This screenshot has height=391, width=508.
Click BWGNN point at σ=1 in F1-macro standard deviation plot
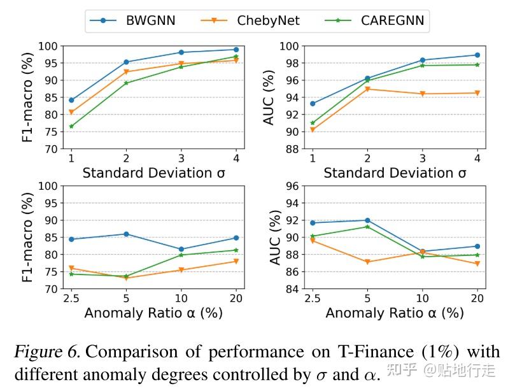pos(71,100)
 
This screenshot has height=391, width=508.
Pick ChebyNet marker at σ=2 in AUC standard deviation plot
pos(367,89)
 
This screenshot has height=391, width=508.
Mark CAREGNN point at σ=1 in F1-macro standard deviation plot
pos(71,126)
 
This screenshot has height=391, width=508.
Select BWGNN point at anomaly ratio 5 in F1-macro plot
pos(126,234)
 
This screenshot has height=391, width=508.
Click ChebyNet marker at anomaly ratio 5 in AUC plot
pos(367,262)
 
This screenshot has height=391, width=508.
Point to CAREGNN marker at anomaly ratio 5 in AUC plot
pos(367,227)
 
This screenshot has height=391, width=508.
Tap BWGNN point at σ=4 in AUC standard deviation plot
pos(477,55)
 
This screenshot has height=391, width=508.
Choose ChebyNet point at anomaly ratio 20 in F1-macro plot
pos(236,261)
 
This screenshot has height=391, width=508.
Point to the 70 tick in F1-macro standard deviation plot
pos(51,149)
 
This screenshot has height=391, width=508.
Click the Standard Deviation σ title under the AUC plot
pos(395,173)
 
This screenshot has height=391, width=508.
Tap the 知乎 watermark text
pos(408,369)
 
